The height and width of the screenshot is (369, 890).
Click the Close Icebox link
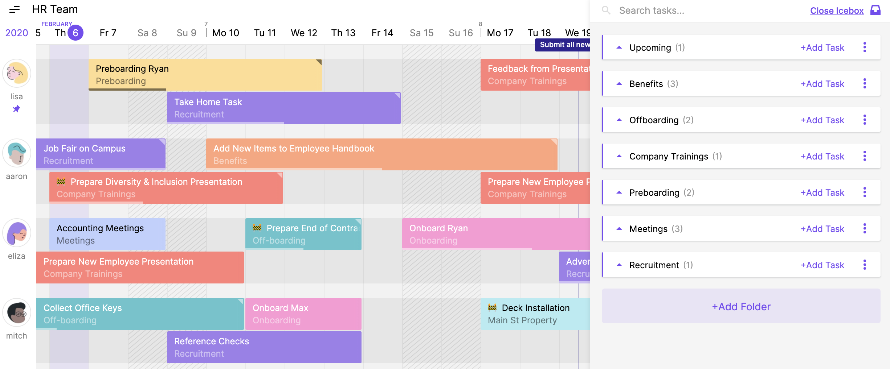837,11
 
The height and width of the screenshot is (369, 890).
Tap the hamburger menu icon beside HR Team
15,10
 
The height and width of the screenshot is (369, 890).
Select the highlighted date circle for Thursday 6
75,33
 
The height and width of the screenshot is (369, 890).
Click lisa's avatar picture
17,73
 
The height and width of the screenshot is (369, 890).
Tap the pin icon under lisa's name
17,109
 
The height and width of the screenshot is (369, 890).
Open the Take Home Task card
283,108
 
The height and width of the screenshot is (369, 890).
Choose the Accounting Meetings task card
107,234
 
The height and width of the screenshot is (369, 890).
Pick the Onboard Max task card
303,314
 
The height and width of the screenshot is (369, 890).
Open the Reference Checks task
264,347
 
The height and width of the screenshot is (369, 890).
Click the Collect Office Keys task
140,314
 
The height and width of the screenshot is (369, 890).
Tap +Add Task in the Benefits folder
822,84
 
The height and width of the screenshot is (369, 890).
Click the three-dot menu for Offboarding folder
865,120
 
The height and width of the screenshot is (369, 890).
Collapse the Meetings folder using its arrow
619,229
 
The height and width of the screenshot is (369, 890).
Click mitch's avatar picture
17,312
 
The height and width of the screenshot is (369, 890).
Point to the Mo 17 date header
500,33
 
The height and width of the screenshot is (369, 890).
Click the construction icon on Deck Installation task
492,307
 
